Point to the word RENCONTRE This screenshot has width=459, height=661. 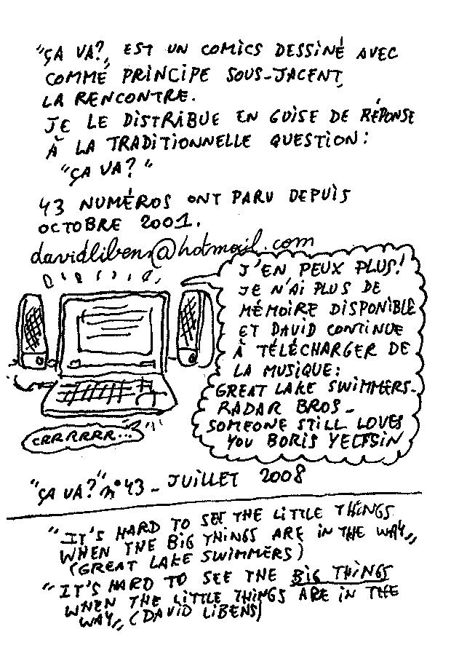(129, 95)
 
